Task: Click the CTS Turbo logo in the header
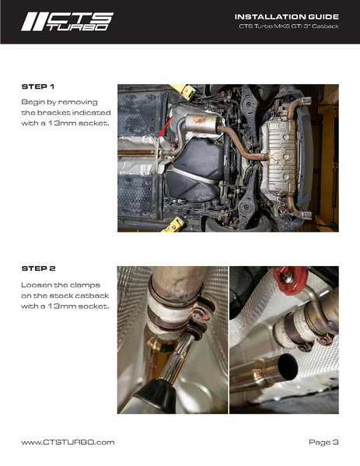coord(67,21)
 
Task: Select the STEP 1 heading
coord(37,87)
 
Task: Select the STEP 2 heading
coord(38,269)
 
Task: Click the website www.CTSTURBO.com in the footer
coord(68,442)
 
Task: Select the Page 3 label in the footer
coord(323,442)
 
